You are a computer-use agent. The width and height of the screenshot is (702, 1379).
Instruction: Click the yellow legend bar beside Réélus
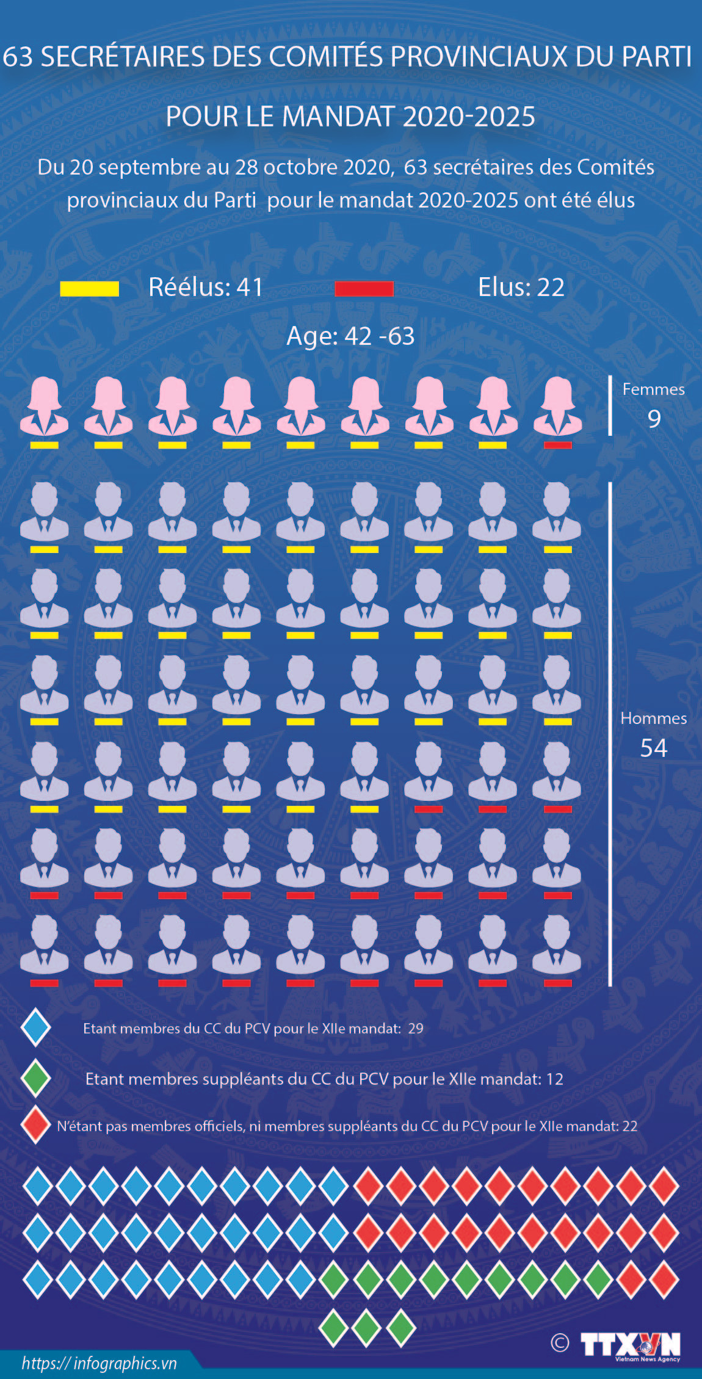(x=89, y=289)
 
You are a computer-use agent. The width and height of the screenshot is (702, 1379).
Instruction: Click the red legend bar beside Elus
(x=364, y=289)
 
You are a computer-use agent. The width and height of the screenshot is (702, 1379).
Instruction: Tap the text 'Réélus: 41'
(x=206, y=288)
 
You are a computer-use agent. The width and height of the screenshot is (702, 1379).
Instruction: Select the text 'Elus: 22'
(x=521, y=288)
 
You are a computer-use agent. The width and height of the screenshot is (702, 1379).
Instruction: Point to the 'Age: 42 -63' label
(x=350, y=336)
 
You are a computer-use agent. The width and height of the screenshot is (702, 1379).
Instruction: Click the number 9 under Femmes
(x=654, y=419)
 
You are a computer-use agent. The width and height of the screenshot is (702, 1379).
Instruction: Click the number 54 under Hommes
(x=653, y=748)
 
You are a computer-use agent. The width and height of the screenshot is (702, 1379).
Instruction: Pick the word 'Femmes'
(x=653, y=389)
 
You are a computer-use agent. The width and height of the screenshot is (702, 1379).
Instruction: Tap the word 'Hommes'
(x=653, y=718)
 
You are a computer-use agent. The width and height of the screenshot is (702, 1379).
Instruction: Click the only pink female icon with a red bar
(x=557, y=407)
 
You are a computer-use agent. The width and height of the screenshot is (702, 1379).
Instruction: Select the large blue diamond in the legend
(x=35, y=1027)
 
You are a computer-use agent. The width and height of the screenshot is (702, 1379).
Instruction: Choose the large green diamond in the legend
(x=35, y=1079)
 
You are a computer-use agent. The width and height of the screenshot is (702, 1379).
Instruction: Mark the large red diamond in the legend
(x=35, y=1124)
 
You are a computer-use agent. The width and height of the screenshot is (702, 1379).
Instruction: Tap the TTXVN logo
(x=630, y=1345)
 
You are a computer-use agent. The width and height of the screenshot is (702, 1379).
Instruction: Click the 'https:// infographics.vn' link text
(x=99, y=1363)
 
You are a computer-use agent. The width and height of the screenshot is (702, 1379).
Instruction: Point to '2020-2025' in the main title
(x=469, y=117)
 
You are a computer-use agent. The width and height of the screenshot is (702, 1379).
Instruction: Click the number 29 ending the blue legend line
(x=416, y=1029)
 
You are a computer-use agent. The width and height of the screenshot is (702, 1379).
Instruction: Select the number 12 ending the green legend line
(x=554, y=1079)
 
